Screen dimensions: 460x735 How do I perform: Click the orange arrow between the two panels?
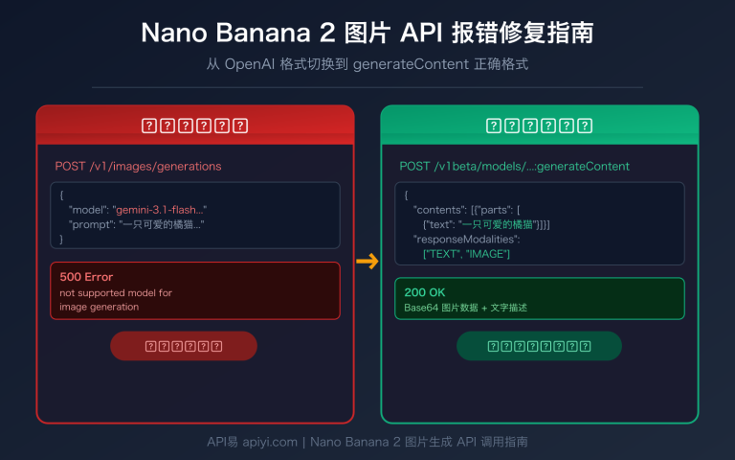(367, 261)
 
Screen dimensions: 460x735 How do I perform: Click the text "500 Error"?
(86, 277)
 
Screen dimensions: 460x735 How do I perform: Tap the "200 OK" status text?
(425, 292)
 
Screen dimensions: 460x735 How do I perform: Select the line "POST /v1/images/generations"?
(138, 166)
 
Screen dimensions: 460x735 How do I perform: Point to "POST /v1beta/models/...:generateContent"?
(514, 166)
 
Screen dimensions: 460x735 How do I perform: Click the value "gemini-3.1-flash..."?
(160, 209)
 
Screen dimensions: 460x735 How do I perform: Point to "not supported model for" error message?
(116, 293)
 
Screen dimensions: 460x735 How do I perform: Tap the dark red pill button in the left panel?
(184, 346)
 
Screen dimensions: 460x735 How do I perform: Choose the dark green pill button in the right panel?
(539, 346)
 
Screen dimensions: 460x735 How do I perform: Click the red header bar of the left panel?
(195, 125)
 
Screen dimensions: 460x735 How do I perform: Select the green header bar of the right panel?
(540, 125)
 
